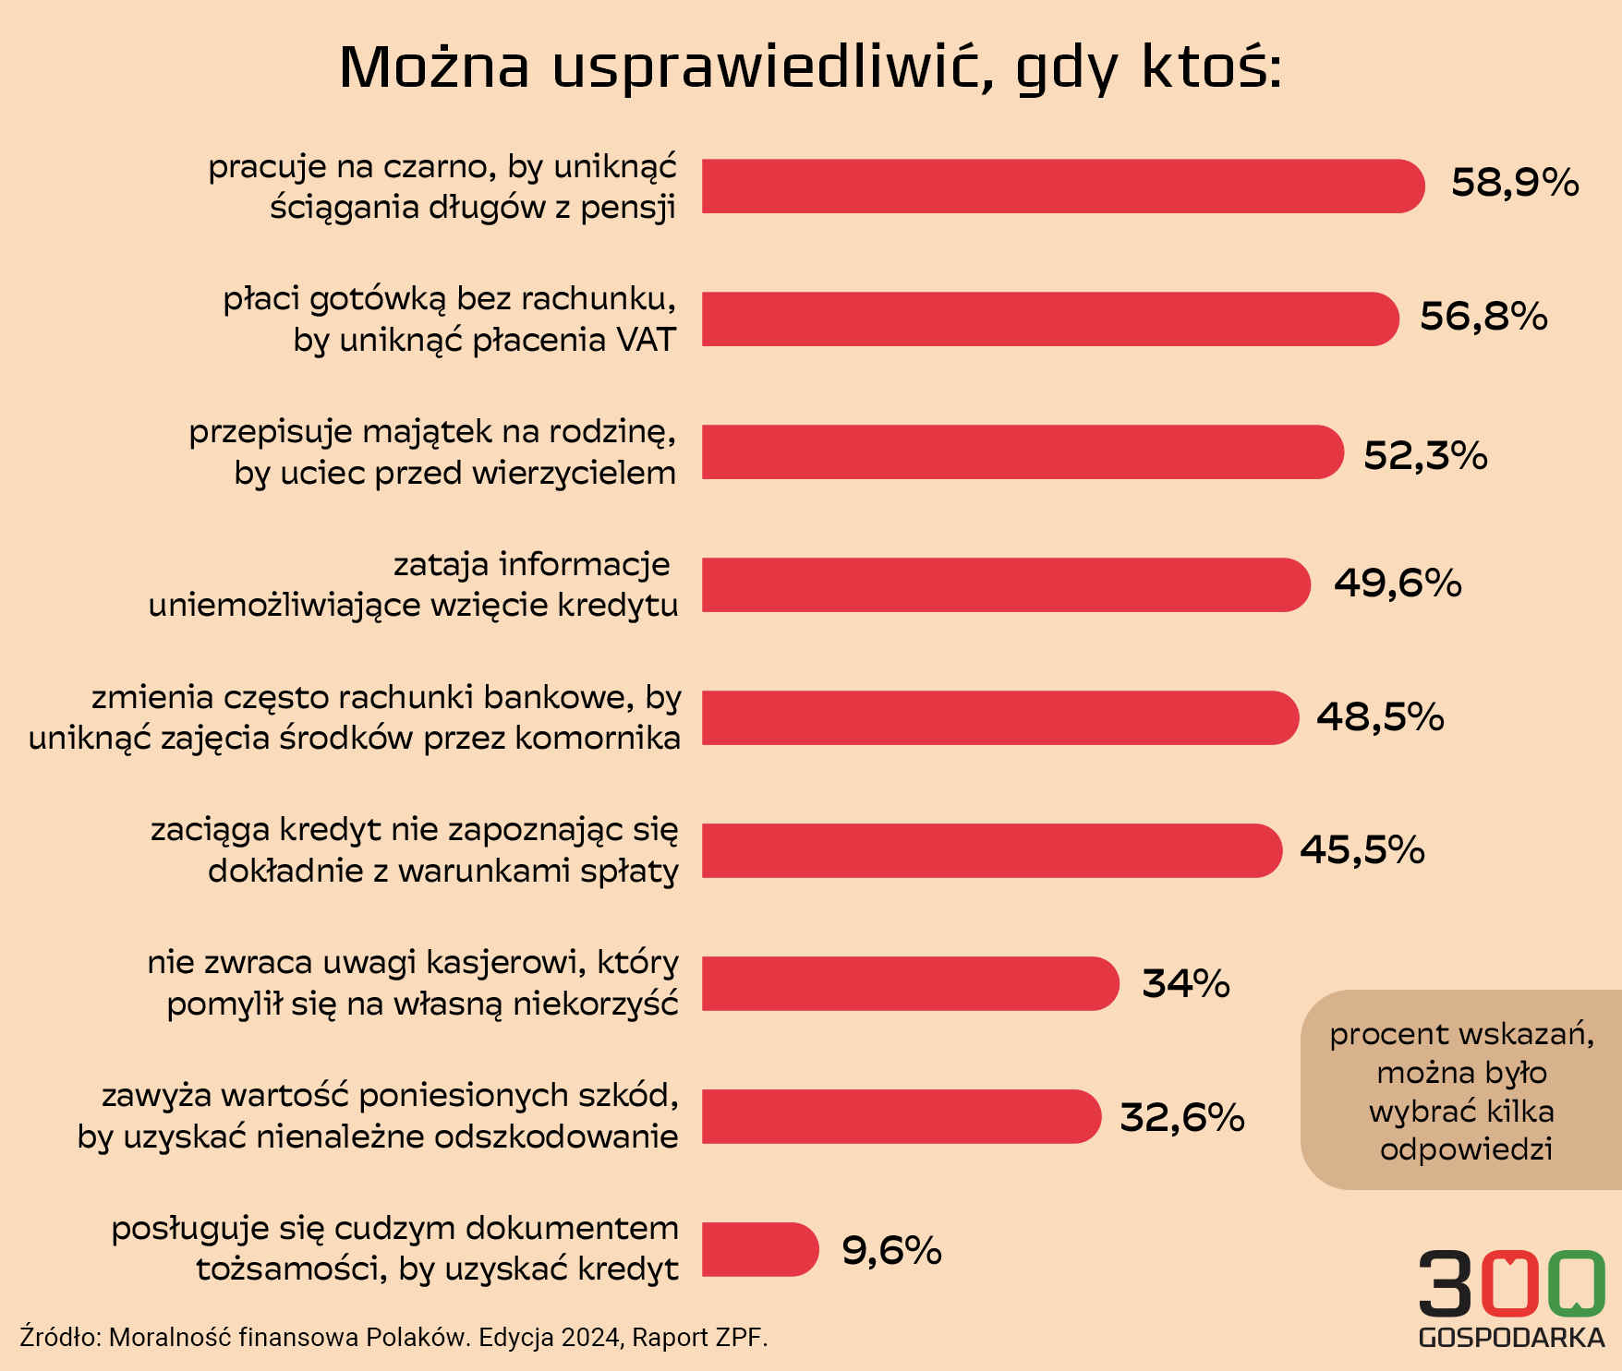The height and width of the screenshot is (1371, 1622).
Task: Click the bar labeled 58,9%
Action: [x=1062, y=186]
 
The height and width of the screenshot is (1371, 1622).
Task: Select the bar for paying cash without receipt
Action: [x=1049, y=319]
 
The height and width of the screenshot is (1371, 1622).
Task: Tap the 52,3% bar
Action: [x=1022, y=452]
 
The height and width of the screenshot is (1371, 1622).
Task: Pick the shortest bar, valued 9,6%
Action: [x=759, y=1249]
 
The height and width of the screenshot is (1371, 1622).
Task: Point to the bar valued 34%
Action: [x=910, y=983]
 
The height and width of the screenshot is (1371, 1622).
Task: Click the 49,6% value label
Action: [x=1398, y=583]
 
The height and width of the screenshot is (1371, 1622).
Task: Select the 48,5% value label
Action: [x=1380, y=716]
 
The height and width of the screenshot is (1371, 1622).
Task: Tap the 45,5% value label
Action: [x=1362, y=849]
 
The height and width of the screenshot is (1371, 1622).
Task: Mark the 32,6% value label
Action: [x=1182, y=1117]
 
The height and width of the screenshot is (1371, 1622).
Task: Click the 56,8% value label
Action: [x=1483, y=317]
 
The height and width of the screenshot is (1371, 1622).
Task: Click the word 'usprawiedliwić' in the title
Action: [x=773, y=67]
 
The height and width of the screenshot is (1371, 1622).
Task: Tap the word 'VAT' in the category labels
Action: [x=646, y=341]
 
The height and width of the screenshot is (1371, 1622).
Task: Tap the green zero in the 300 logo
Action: [x=1577, y=1283]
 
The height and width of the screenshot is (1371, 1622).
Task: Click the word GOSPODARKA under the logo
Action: [x=1511, y=1338]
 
